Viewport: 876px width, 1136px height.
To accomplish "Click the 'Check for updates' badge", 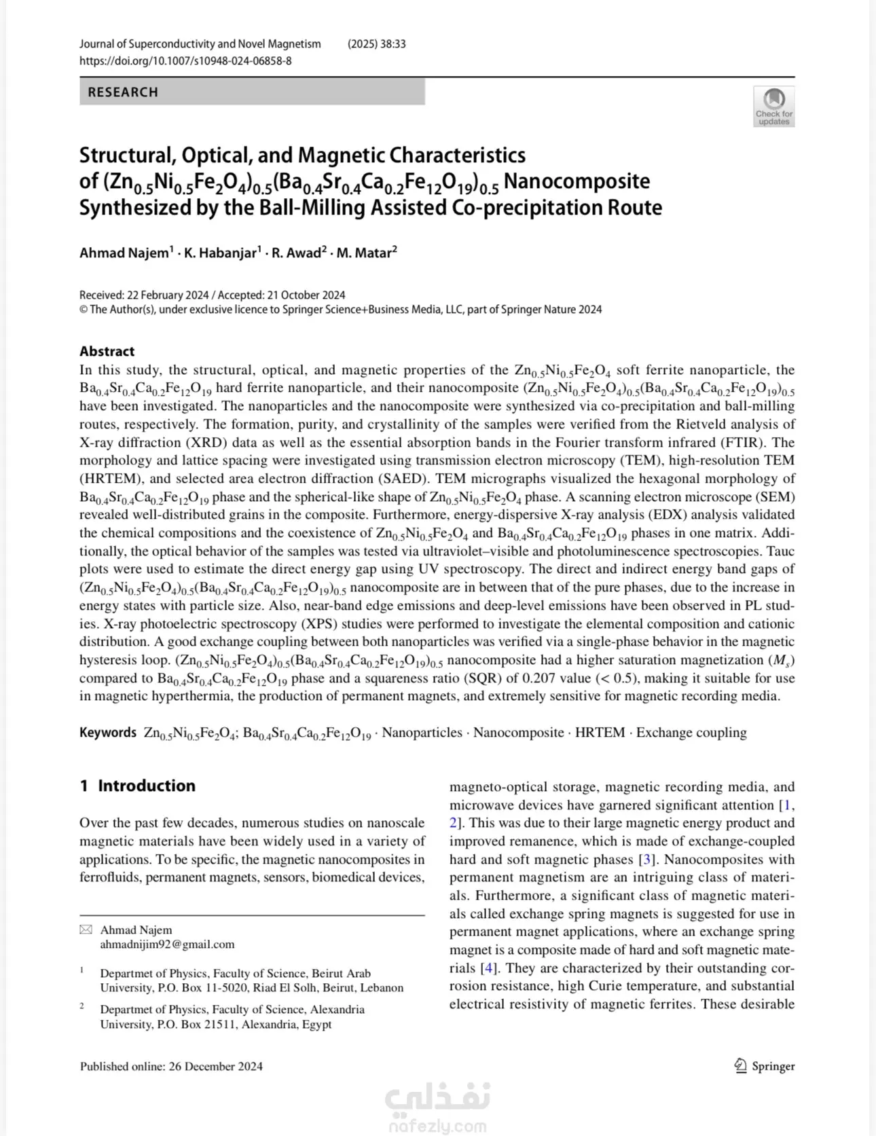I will pyautogui.click(x=774, y=107).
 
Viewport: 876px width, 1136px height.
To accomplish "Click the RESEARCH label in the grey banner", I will pyautogui.click(x=123, y=92).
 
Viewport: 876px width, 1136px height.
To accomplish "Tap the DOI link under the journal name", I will pyautogui.click(x=185, y=60).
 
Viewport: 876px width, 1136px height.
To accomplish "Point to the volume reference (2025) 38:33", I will pyautogui.click(x=376, y=44).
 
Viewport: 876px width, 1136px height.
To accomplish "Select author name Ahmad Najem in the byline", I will pyautogui.click(x=124, y=253).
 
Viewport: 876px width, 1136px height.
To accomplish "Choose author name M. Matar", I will pyautogui.click(x=363, y=253).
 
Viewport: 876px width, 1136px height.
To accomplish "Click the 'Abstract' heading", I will pyautogui.click(x=107, y=351).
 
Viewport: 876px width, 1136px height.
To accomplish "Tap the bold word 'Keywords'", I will pyautogui.click(x=108, y=732).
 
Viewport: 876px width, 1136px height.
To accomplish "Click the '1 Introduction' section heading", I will pyautogui.click(x=137, y=786).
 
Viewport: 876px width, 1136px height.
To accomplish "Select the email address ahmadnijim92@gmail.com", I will pyautogui.click(x=167, y=944).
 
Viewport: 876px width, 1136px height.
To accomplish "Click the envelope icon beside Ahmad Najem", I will pyautogui.click(x=86, y=930).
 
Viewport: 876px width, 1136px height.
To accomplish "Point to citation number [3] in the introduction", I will pyautogui.click(x=647, y=859).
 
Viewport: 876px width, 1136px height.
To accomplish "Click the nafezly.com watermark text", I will pyautogui.click(x=437, y=1126).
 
